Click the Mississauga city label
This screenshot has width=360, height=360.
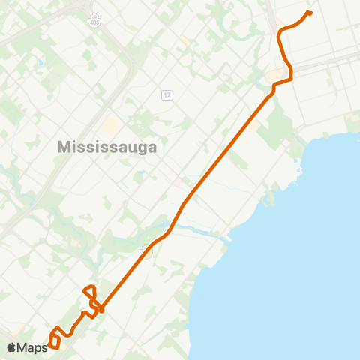tap(107, 148)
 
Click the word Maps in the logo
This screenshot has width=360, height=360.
tap(32, 347)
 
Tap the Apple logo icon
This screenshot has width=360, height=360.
tap(11, 347)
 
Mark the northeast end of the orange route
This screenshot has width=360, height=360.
tap(310, 13)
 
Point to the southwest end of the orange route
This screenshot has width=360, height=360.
tap(49, 344)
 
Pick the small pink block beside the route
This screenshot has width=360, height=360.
tap(178, 182)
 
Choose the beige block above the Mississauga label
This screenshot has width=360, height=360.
tap(110, 126)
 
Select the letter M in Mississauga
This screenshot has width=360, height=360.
tap(63, 148)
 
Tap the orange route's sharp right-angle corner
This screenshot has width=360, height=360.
tap(291, 76)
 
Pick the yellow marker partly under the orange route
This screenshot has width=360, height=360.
tap(148, 252)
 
